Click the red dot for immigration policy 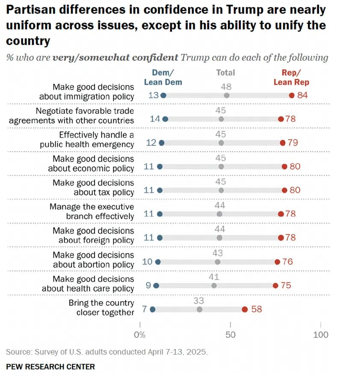click(x=292, y=95)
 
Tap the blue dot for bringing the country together click(x=153, y=309)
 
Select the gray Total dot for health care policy click(x=214, y=285)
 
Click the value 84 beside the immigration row click(x=302, y=95)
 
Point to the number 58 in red click(x=257, y=309)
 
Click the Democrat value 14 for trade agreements click(x=155, y=119)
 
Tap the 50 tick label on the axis click(x=230, y=335)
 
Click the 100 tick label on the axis click(x=321, y=335)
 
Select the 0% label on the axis click(x=140, y=335)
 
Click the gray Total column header click(x=226, y=73)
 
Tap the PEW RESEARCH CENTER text click(x=50, y=367)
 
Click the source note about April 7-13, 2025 click(x=107, y=352)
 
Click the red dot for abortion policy click(x=277, y=261)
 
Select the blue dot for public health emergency click(x=161, y=143)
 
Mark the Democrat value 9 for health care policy click(x=148, y=285)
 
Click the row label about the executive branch click(x=91, y=211)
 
